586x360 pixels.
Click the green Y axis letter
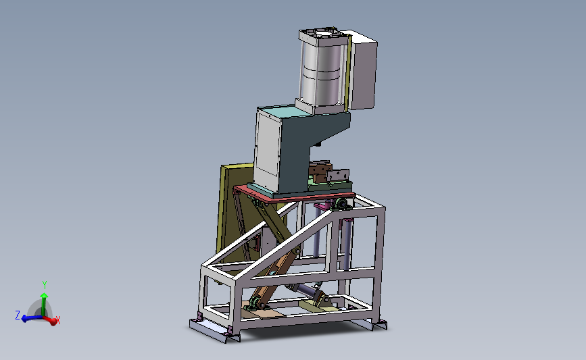click(x=45, y=285)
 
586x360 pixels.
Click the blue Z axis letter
click(x=17, y=315)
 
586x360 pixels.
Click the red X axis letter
click(x=58, y=320)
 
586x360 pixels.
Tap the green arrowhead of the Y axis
click(x=44, y=296)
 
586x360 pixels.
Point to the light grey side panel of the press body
click(x=268, y=151)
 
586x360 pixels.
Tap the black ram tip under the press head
click(x=318, y=143)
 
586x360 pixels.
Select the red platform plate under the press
click(x=294, y=195)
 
